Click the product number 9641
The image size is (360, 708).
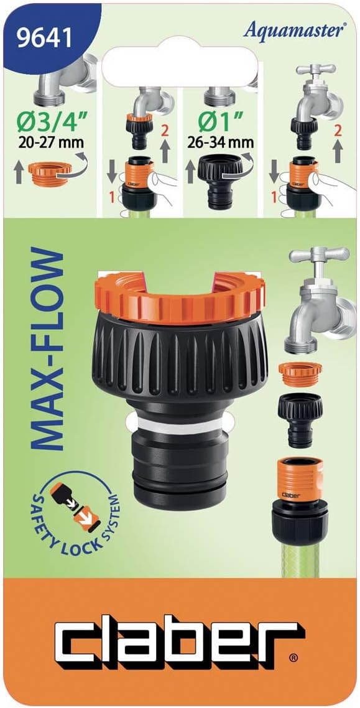pyautogui.click(x=44, y=38)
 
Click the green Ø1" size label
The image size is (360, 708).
pyautogui.click(x=219, y=123)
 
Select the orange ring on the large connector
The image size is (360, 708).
pyautogui.click(x=180, y=297)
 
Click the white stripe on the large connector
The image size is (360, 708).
pyautogui.click(x=180, y=425)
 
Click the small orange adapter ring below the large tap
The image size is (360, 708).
pyautogui.click(x=300, y=374)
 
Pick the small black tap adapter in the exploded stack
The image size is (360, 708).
pyautogui.click(x=300, y=419)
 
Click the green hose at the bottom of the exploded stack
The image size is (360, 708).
pyautogui.click(x=300, y=560)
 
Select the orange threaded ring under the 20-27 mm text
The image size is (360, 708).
pyautogui.click(x=50, y=172)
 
